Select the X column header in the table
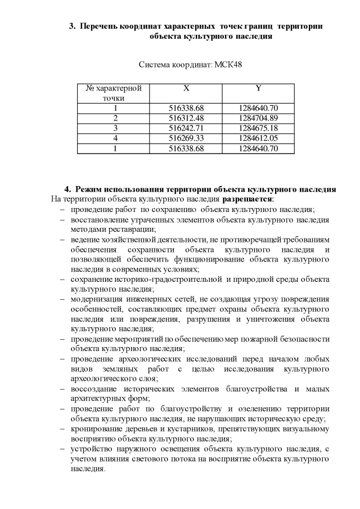pos(186,88)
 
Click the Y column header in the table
pos(258,88)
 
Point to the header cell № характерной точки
pos(114,93)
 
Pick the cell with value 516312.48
pos(186,118)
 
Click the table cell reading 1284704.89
pos(258,118)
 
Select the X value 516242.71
pos(186,128)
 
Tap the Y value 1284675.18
pos(258,128)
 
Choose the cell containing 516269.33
pos(186,138)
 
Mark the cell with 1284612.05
pos(258,138)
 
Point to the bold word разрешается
pos(247,199)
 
